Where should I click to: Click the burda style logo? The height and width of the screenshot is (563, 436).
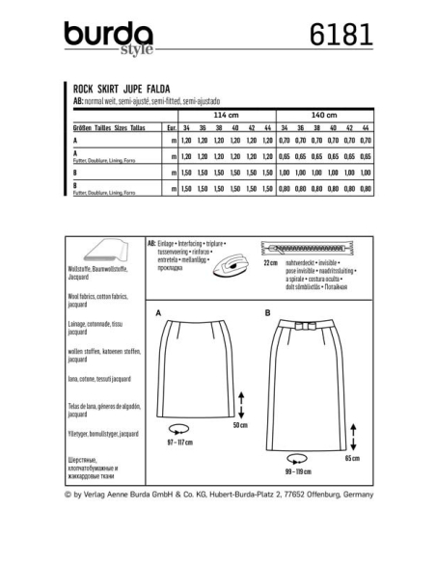click(109, 37)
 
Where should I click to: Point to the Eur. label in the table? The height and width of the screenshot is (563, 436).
click(169, 126)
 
